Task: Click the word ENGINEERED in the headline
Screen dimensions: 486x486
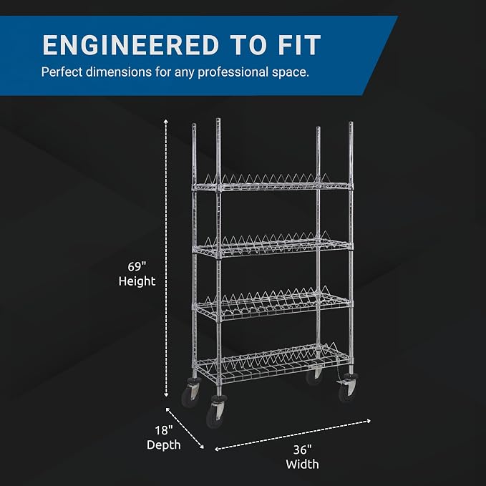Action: point(130,45)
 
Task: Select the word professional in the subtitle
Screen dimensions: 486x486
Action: point(233,72)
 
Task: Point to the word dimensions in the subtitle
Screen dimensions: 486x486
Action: point(118,72)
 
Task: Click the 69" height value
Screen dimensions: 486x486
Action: point(137,266)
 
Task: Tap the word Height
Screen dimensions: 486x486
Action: point(137,281)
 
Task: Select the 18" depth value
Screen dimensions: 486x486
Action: point(163,430)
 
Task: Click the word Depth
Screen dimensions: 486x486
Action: point(163,445)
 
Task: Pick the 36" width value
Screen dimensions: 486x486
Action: point(302,449)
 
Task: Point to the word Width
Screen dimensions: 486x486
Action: point(302,465)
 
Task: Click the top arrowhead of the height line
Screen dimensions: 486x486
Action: point(166,121)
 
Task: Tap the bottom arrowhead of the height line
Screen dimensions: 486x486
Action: point(166,394)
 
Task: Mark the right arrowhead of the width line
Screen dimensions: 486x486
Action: point(368,421)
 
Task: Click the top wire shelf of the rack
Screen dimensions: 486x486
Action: point(273,185)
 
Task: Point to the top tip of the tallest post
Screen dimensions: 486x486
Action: point(218,119)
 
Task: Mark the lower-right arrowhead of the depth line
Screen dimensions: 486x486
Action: point(202,447)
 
